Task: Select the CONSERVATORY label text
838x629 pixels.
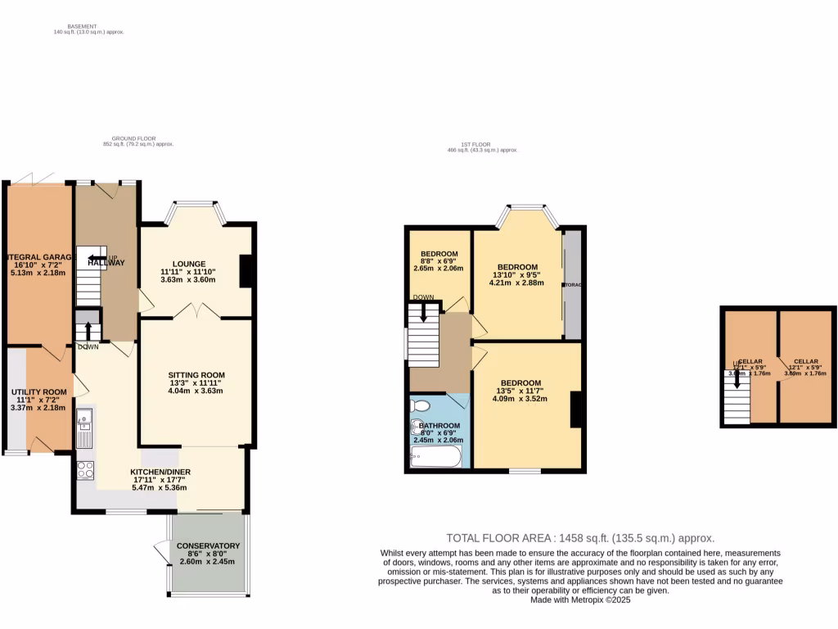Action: click(x=208, y=545)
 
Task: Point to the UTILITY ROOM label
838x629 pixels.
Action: click(x=38, y=392)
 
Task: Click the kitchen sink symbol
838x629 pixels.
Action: click(x=84, y=429)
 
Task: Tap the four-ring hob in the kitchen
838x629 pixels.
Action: click(x=85, y=470)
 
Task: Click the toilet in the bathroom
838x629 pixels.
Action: click(x=420, y=405)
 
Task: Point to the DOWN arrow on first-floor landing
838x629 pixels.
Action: click(x=423, y=311)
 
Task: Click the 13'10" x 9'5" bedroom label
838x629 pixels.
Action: click(x=517, y=267)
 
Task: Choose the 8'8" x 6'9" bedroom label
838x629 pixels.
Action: click(x=439, y=254)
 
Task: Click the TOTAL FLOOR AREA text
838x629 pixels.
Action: click(x=580, y=538)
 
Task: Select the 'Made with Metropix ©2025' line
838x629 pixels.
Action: click(x=580, y=599)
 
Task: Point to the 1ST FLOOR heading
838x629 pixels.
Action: click(x=482, y=146)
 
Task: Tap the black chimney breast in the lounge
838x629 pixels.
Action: click(x=245, y=271)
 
